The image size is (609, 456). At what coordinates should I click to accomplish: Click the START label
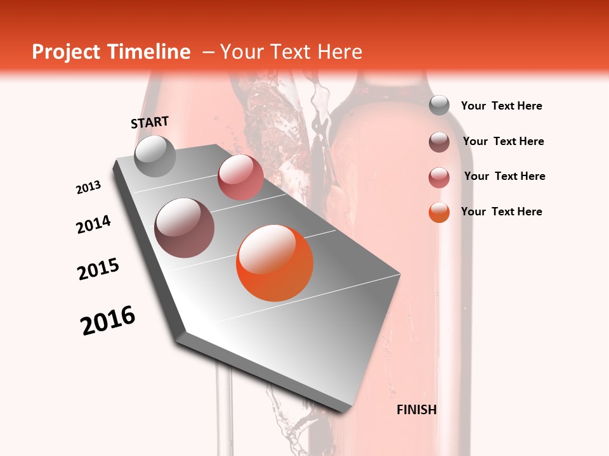[x=150, y=122]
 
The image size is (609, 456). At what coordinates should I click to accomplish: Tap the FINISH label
[x=417, y=410]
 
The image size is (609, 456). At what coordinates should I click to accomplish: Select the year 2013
[x=89, y=187]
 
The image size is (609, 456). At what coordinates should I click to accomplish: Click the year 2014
[x=93, y=224]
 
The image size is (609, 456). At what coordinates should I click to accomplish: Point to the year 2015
[x=98, y=269]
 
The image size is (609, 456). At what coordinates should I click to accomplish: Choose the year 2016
[x=108, y=320]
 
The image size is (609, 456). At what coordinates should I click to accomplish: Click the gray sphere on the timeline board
[x=155, y=156]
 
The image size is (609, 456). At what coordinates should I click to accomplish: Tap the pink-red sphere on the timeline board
[x=240, y=177]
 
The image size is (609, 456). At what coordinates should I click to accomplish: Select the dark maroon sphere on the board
[x=185, y=228]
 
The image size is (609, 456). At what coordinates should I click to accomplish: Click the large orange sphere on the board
[x=275, y=263]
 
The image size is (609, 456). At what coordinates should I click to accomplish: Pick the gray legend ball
[x=439, y=105]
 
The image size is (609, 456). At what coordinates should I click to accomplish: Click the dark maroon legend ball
[x=439, y=141]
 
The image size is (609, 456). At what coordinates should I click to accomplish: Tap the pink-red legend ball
[x=439, y=177]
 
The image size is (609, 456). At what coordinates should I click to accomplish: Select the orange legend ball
[x=439, y=212]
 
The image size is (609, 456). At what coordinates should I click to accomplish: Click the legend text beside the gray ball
[x=501, y=106]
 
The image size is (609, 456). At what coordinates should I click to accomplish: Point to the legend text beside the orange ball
[x=501, y=212]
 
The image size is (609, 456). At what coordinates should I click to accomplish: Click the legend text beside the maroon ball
[x=503, y=141]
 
